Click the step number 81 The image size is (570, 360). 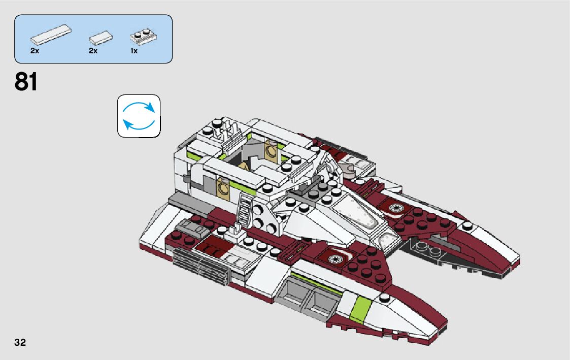tap(26, 82)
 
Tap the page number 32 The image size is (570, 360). tap(20, 342)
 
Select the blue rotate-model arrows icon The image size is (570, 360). tap(139, 116)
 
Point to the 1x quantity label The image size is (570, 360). tap(134, 51)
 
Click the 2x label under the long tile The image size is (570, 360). tap(35, 51)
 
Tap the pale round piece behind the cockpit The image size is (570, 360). tap(350, 169)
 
